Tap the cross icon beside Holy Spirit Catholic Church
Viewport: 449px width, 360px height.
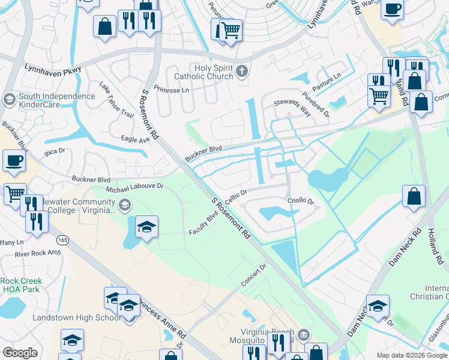(241, 72)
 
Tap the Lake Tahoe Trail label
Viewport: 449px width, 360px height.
(116, 99)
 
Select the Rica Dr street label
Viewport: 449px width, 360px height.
(55, 151)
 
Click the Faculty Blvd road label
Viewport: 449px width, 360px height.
(203, 224)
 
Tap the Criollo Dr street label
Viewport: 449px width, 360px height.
(301, 202)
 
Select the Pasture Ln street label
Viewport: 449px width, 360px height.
(326, 83)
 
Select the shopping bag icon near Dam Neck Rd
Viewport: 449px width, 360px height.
(414, 196)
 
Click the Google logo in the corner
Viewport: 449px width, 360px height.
(20, 353)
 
